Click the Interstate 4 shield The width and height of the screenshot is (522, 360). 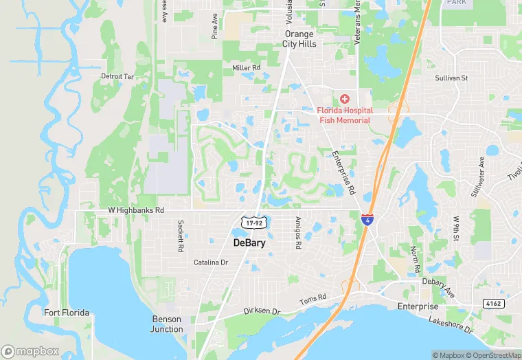click(x=367, y=221)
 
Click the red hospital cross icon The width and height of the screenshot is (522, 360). click(x=344, y=100)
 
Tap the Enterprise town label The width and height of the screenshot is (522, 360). click(x=418, y=306)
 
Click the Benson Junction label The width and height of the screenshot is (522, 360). click(x=167, y=324)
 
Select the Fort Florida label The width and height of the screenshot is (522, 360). click(x=67, y=313)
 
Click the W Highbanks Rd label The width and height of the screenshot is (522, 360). click(x=137, y=210)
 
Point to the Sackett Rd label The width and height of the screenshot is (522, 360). click(x=180, y=235)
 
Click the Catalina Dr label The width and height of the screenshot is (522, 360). click(x=210, y=262)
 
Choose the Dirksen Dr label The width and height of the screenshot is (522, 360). click(x=262, y=311)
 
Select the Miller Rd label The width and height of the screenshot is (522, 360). click(x=247, y=68)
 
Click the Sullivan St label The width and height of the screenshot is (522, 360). click(x=451, y=78)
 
